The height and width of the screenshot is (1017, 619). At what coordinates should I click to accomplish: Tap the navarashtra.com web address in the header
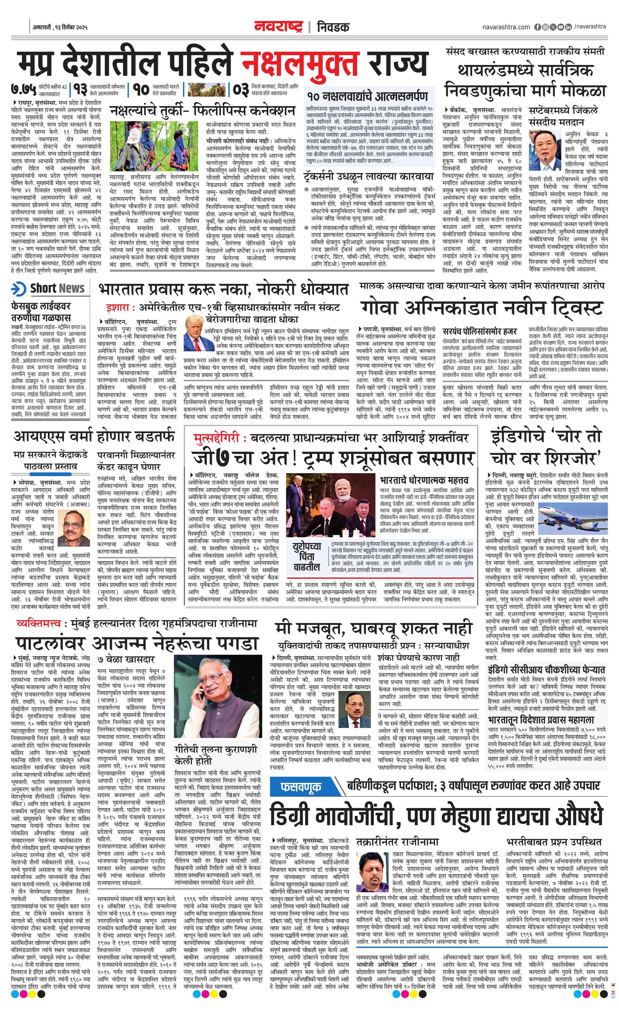506,27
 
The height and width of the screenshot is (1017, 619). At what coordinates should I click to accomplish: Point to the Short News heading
57,289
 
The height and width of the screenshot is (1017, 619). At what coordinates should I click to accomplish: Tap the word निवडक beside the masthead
334,27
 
